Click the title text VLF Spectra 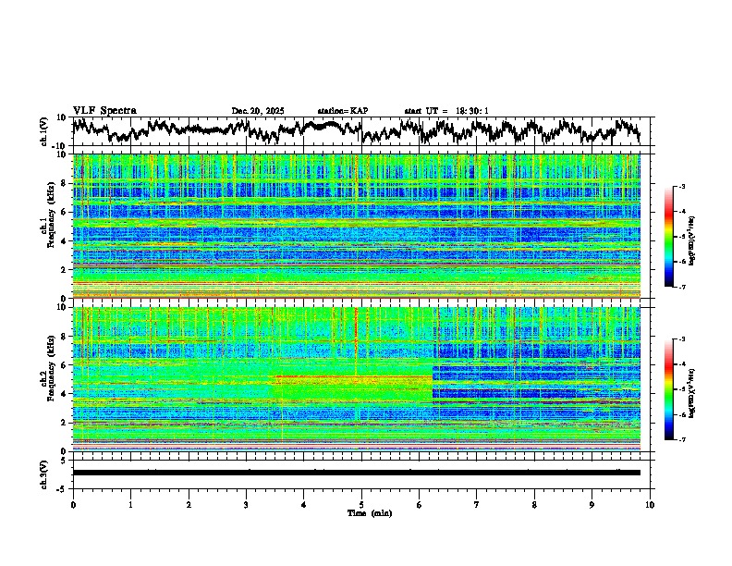104,110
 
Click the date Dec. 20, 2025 258,111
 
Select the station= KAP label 342,111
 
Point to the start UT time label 445,111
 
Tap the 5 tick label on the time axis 361,504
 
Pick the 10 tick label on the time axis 650,504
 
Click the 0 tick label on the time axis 73,504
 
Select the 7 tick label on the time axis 477,504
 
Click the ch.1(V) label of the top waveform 43,131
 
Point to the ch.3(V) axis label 43,472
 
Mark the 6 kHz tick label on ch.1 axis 64,212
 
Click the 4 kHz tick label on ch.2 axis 64,394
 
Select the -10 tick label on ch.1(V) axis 59,146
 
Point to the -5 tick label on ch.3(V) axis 61,487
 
